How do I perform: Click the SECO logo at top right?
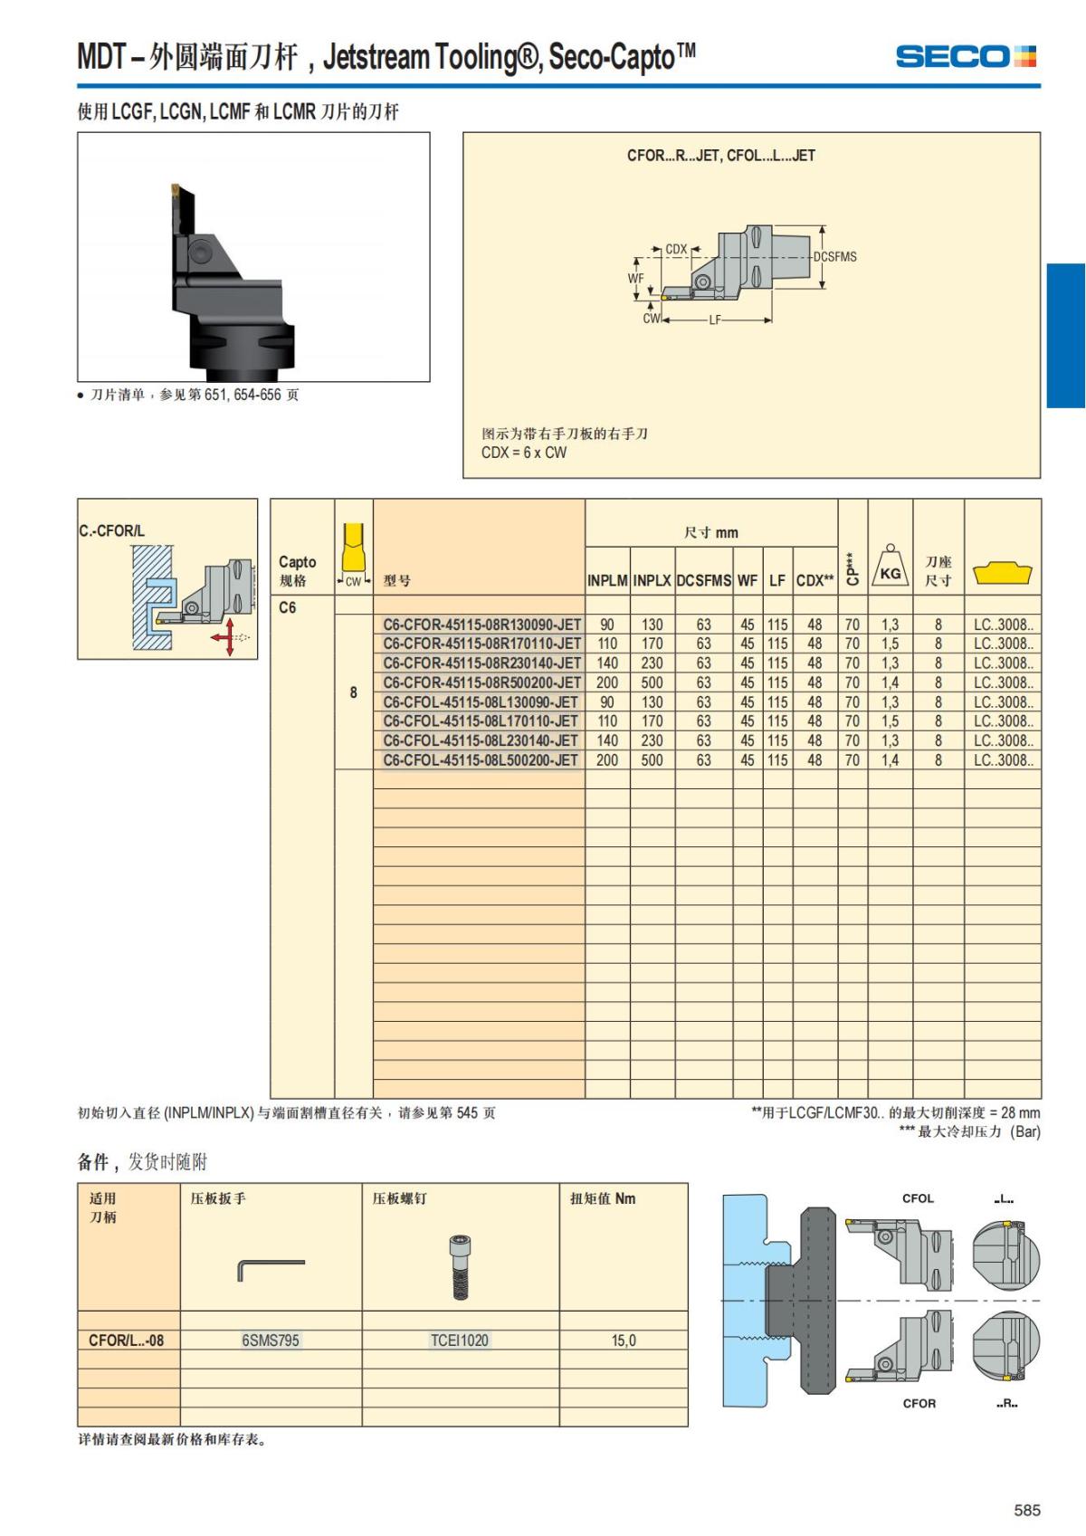(x=965, y=57)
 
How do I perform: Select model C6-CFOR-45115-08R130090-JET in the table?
(x=481, y=625)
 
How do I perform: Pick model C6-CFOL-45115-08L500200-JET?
(x=480, y=760)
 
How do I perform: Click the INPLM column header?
(x=607, y=580)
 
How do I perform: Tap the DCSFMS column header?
(x=704, y=580)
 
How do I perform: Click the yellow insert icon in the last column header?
(x=1003, y=573)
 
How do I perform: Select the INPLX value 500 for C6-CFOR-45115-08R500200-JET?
(x=652, y=682)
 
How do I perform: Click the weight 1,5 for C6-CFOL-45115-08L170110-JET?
(x=891, y=721)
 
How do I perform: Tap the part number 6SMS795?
(x=271, y=1340)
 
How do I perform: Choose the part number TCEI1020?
(x=460, y=1340)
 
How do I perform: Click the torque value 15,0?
(x=624, y=1340)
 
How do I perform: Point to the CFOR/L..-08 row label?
(x=127, y=1340)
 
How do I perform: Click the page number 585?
(x=1027, y=1510)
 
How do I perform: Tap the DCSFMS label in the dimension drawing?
(x=834, y=257)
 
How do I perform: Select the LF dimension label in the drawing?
(x=715, y=320)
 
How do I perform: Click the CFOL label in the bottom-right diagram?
(x=918, y=1198)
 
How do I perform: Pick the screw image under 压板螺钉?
(x=460, y=1267)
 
